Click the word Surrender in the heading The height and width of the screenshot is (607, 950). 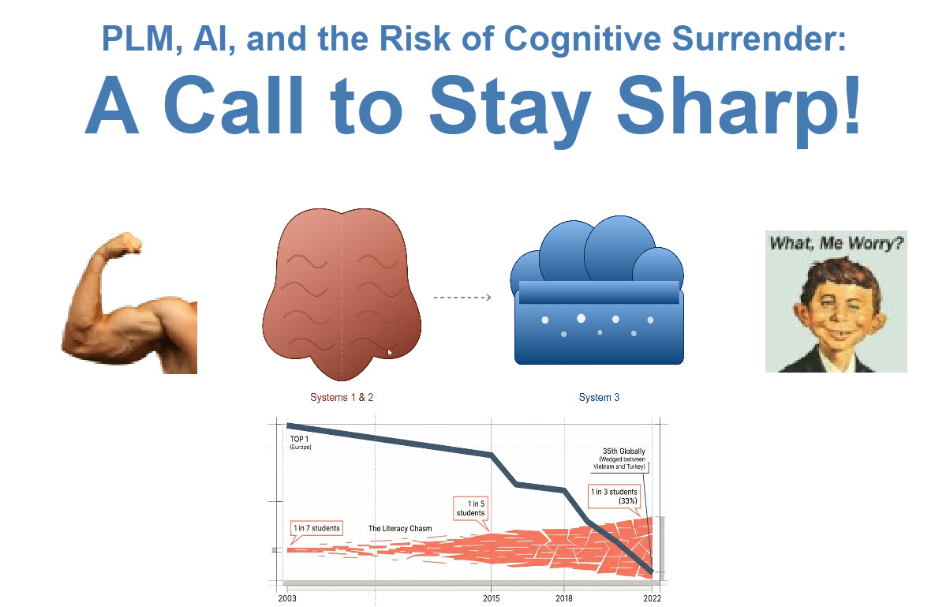coord(759,39)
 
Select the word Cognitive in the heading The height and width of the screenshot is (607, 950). coord(583,39)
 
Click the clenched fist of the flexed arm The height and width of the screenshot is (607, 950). coord(127,243)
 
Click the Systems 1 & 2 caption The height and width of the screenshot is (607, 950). coord(342,398)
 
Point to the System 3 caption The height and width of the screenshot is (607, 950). coord(599,398)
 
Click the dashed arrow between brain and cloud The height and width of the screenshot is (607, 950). coord(462,298)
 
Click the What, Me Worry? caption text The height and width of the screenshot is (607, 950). coord(836,243)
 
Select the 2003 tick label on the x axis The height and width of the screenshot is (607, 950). coord(287,598)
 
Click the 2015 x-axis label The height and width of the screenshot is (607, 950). coord(491,598)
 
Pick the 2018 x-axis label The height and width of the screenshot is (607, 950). coord(564,598)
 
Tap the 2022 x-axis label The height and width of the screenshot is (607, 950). coord(653,598)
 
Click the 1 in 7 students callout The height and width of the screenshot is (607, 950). coord(317,528)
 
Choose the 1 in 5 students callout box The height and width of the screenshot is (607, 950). coord(471,508)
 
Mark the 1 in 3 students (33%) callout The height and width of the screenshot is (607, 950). coord(614,496)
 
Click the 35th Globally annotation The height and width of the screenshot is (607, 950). coord(619,459)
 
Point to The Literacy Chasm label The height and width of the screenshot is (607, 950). coord(400,529)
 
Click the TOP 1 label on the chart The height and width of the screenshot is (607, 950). coord(301,442)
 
